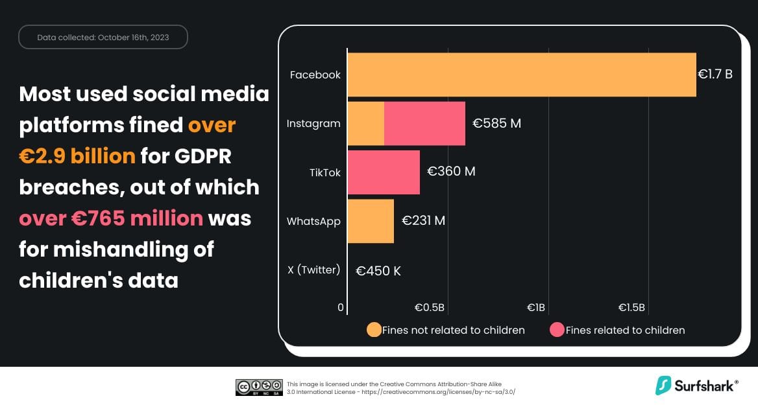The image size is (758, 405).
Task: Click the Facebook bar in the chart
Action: tap(521, 75)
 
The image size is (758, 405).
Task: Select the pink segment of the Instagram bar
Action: tap(424, 123)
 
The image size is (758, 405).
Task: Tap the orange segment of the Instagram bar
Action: tap(366, 123)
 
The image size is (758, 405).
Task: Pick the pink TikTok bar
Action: tap(384, 172)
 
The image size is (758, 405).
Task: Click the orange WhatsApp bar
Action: tap(371, 221)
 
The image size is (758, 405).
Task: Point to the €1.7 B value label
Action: tap(715, 75)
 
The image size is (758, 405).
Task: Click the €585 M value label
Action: tap(496, 123)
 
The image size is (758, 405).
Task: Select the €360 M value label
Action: tap(451, 172)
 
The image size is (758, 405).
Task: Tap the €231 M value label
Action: tap(423, 221)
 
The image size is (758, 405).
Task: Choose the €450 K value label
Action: tap(378, 271)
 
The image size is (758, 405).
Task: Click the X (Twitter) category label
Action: tap(313, 270)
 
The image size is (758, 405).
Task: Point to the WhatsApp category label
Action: tap(313, 221)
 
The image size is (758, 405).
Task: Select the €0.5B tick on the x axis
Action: tap(430, 307)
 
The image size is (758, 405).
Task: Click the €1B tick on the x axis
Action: tap(536, 307)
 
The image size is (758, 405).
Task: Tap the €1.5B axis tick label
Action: tap(631, 307)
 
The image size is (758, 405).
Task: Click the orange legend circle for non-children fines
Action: tap(374, 330)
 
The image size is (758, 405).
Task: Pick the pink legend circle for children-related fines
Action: tap(557, 330)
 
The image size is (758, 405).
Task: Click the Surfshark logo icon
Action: tap(663, 386)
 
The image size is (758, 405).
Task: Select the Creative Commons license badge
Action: tap(259, 387)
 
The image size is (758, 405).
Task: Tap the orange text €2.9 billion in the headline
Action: tap(77, 156)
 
